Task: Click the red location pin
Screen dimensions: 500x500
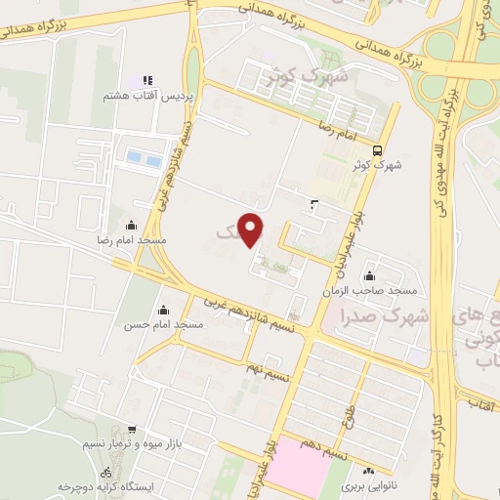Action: [253, 229]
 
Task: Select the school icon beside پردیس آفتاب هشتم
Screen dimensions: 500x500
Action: [147, 80]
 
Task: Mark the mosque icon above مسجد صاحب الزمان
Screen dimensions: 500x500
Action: [371, 276]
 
